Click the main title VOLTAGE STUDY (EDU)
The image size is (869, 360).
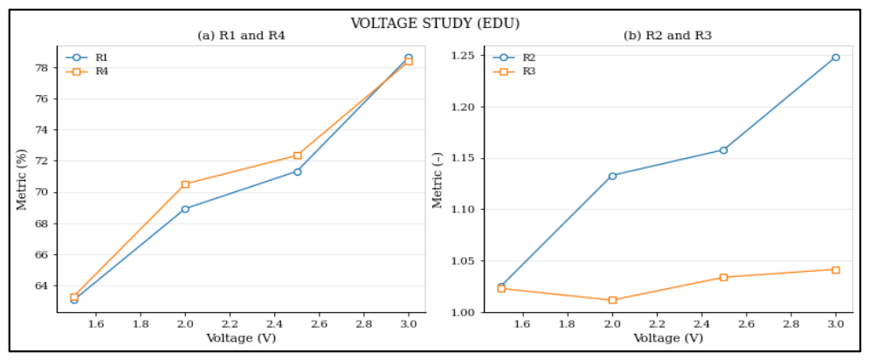435,24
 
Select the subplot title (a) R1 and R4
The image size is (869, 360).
241,37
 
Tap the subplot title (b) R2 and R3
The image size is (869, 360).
668,37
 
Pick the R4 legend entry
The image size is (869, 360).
87,72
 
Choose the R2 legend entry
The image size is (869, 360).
514,57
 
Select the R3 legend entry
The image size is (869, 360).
514,72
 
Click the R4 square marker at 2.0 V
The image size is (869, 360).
186,184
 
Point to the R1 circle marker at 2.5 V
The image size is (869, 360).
297,172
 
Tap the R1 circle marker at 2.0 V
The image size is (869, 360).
186,209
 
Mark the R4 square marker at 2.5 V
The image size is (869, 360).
297,156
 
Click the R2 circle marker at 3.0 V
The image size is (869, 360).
835,57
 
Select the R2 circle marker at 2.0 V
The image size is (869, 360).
612,176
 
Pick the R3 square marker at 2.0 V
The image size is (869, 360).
612,300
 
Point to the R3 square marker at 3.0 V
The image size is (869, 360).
835,270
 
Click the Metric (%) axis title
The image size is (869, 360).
22,179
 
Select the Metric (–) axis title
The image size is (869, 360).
438,179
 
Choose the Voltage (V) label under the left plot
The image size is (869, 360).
241,338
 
